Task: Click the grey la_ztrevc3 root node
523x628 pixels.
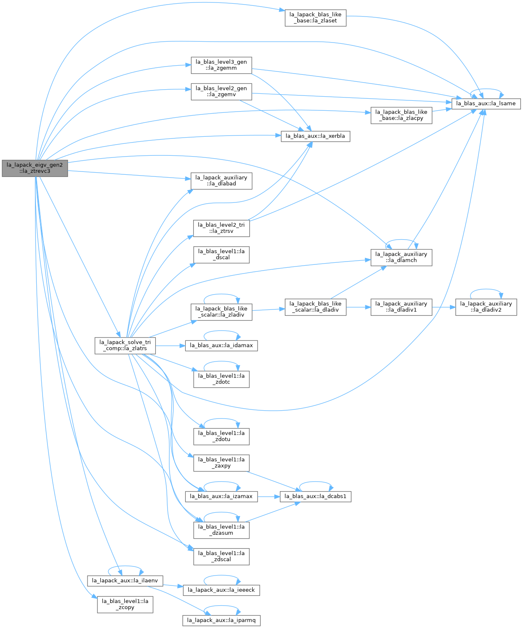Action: click(x=35, y=168)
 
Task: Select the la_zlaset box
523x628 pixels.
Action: click(x=315, y=18)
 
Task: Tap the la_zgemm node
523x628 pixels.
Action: click(x=221, y=65)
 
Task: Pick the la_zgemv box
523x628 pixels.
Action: click(x=221, y=92)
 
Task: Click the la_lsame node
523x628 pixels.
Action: click(x=486, y=104)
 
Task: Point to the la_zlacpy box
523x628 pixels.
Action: click(x=401, y=116)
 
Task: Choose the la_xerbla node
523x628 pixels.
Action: click(x=315, y=136)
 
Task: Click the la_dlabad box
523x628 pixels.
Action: click(x=221, y=181)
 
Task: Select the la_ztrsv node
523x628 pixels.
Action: click(x=221, y=228)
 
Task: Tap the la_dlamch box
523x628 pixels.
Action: click(x=401, y=257)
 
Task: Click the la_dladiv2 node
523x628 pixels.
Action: click(x=486, y=307)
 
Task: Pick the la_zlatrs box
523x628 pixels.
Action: click(x=125, y=346)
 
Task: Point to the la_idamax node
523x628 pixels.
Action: click(x=221, y=345)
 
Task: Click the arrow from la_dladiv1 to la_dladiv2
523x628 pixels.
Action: click(x=444, y=307)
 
